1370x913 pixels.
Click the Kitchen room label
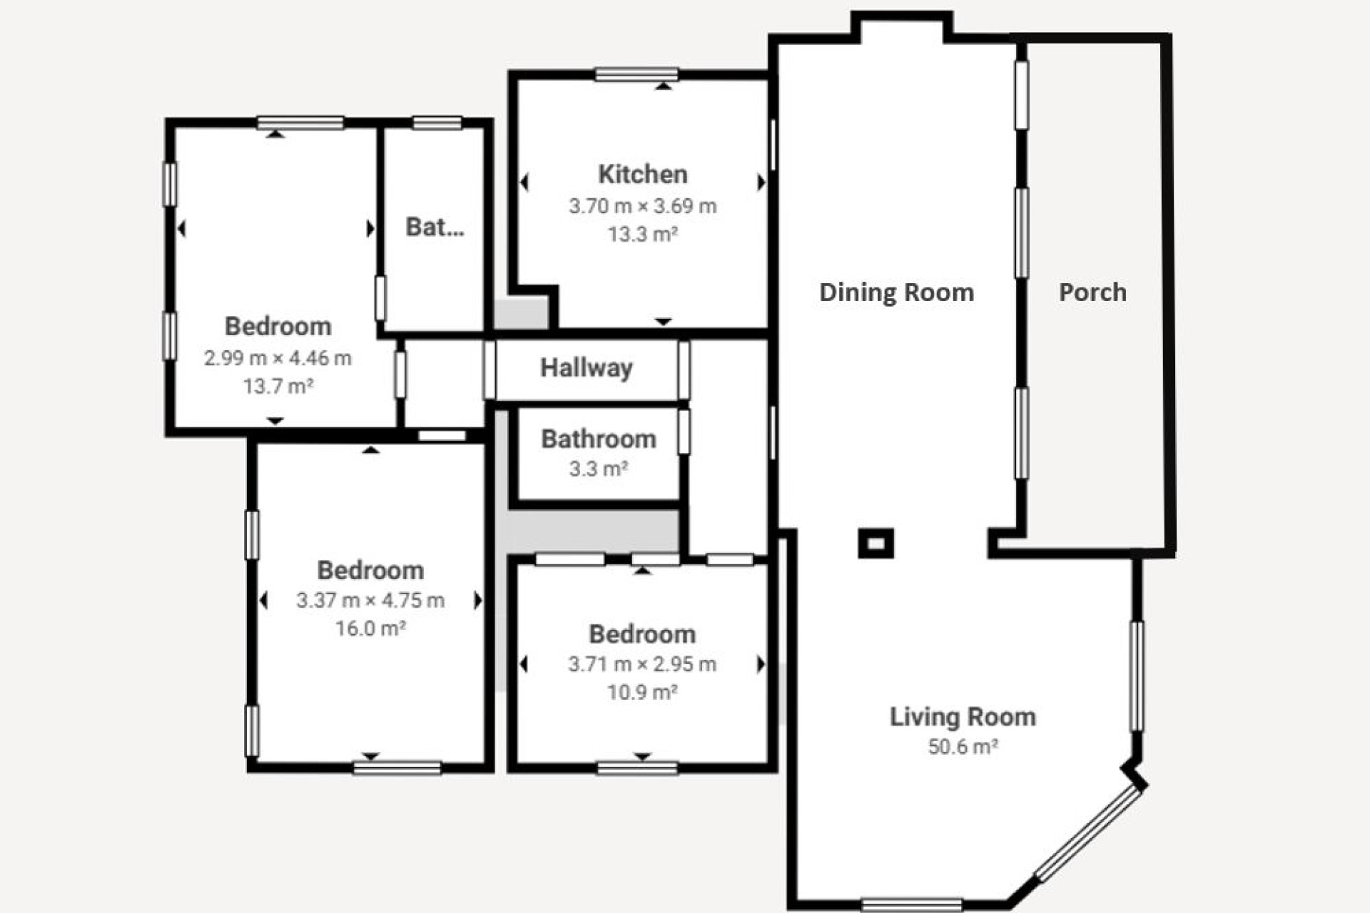642,174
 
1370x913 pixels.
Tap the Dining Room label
896,292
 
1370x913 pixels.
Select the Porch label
1092,292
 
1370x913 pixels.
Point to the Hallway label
586,368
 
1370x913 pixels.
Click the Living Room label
962,717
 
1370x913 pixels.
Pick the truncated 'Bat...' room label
435,227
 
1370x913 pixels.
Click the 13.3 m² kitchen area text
642,234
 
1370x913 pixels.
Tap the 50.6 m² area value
962,747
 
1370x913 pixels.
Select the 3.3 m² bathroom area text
598,469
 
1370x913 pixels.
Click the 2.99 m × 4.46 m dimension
278,358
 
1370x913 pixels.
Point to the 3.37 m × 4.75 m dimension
370,601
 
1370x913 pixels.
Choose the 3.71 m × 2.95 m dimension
641,665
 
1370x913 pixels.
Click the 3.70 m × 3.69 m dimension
642,206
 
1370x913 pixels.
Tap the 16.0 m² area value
370,628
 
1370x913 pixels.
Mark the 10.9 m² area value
641,692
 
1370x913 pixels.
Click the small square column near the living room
876,544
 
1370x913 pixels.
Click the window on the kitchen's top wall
636,74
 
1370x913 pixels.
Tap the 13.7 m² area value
278,387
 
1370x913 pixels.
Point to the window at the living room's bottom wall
911,904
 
